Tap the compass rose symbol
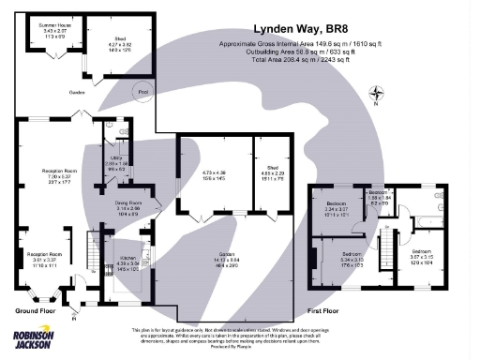[376, 93]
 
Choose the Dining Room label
[127, 207]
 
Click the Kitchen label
[128, 262]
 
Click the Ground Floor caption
[38, 309]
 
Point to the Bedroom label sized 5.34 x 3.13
[352, 259]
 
